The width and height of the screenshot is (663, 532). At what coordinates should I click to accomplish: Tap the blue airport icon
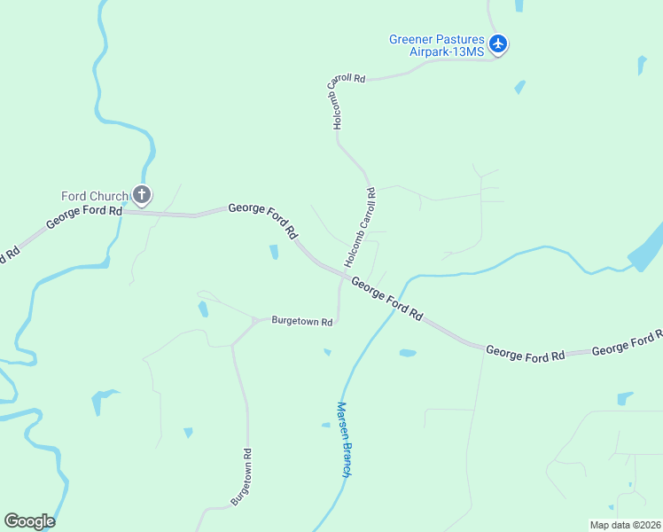[498, 43]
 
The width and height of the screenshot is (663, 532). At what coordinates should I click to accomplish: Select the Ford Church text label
[94, 196]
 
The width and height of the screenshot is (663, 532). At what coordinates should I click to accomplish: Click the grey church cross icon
[141, 194]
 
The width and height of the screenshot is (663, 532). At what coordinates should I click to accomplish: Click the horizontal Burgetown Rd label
[301, 321]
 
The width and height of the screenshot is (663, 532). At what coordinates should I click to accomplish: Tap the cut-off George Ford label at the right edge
[627, 343]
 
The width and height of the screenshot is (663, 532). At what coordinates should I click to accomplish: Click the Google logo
[29, 520]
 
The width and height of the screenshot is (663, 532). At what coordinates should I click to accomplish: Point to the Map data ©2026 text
[625, 525]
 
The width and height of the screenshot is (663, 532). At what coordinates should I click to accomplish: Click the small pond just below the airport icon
[519, 87]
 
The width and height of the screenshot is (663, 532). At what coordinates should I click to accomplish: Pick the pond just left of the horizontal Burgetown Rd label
[204, 309]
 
